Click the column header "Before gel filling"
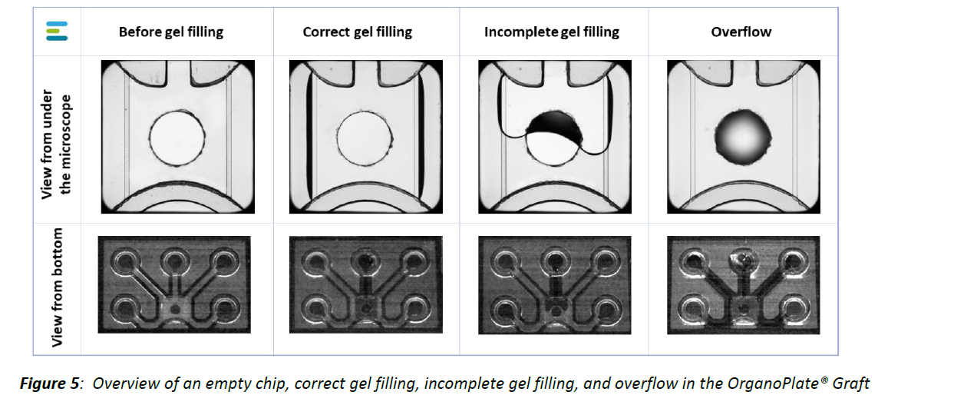pos(171,32)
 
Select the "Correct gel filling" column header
pos(357,32)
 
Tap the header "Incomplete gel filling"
pos(551,32)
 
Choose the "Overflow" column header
pos(741,32)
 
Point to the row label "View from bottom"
pos(58,286)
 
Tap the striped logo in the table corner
pos(57,32)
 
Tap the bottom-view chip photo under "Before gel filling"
pos(175,284)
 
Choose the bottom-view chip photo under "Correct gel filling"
pos(366,284)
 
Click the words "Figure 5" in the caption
pos(50,383)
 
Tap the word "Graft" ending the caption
pos(851,383)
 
